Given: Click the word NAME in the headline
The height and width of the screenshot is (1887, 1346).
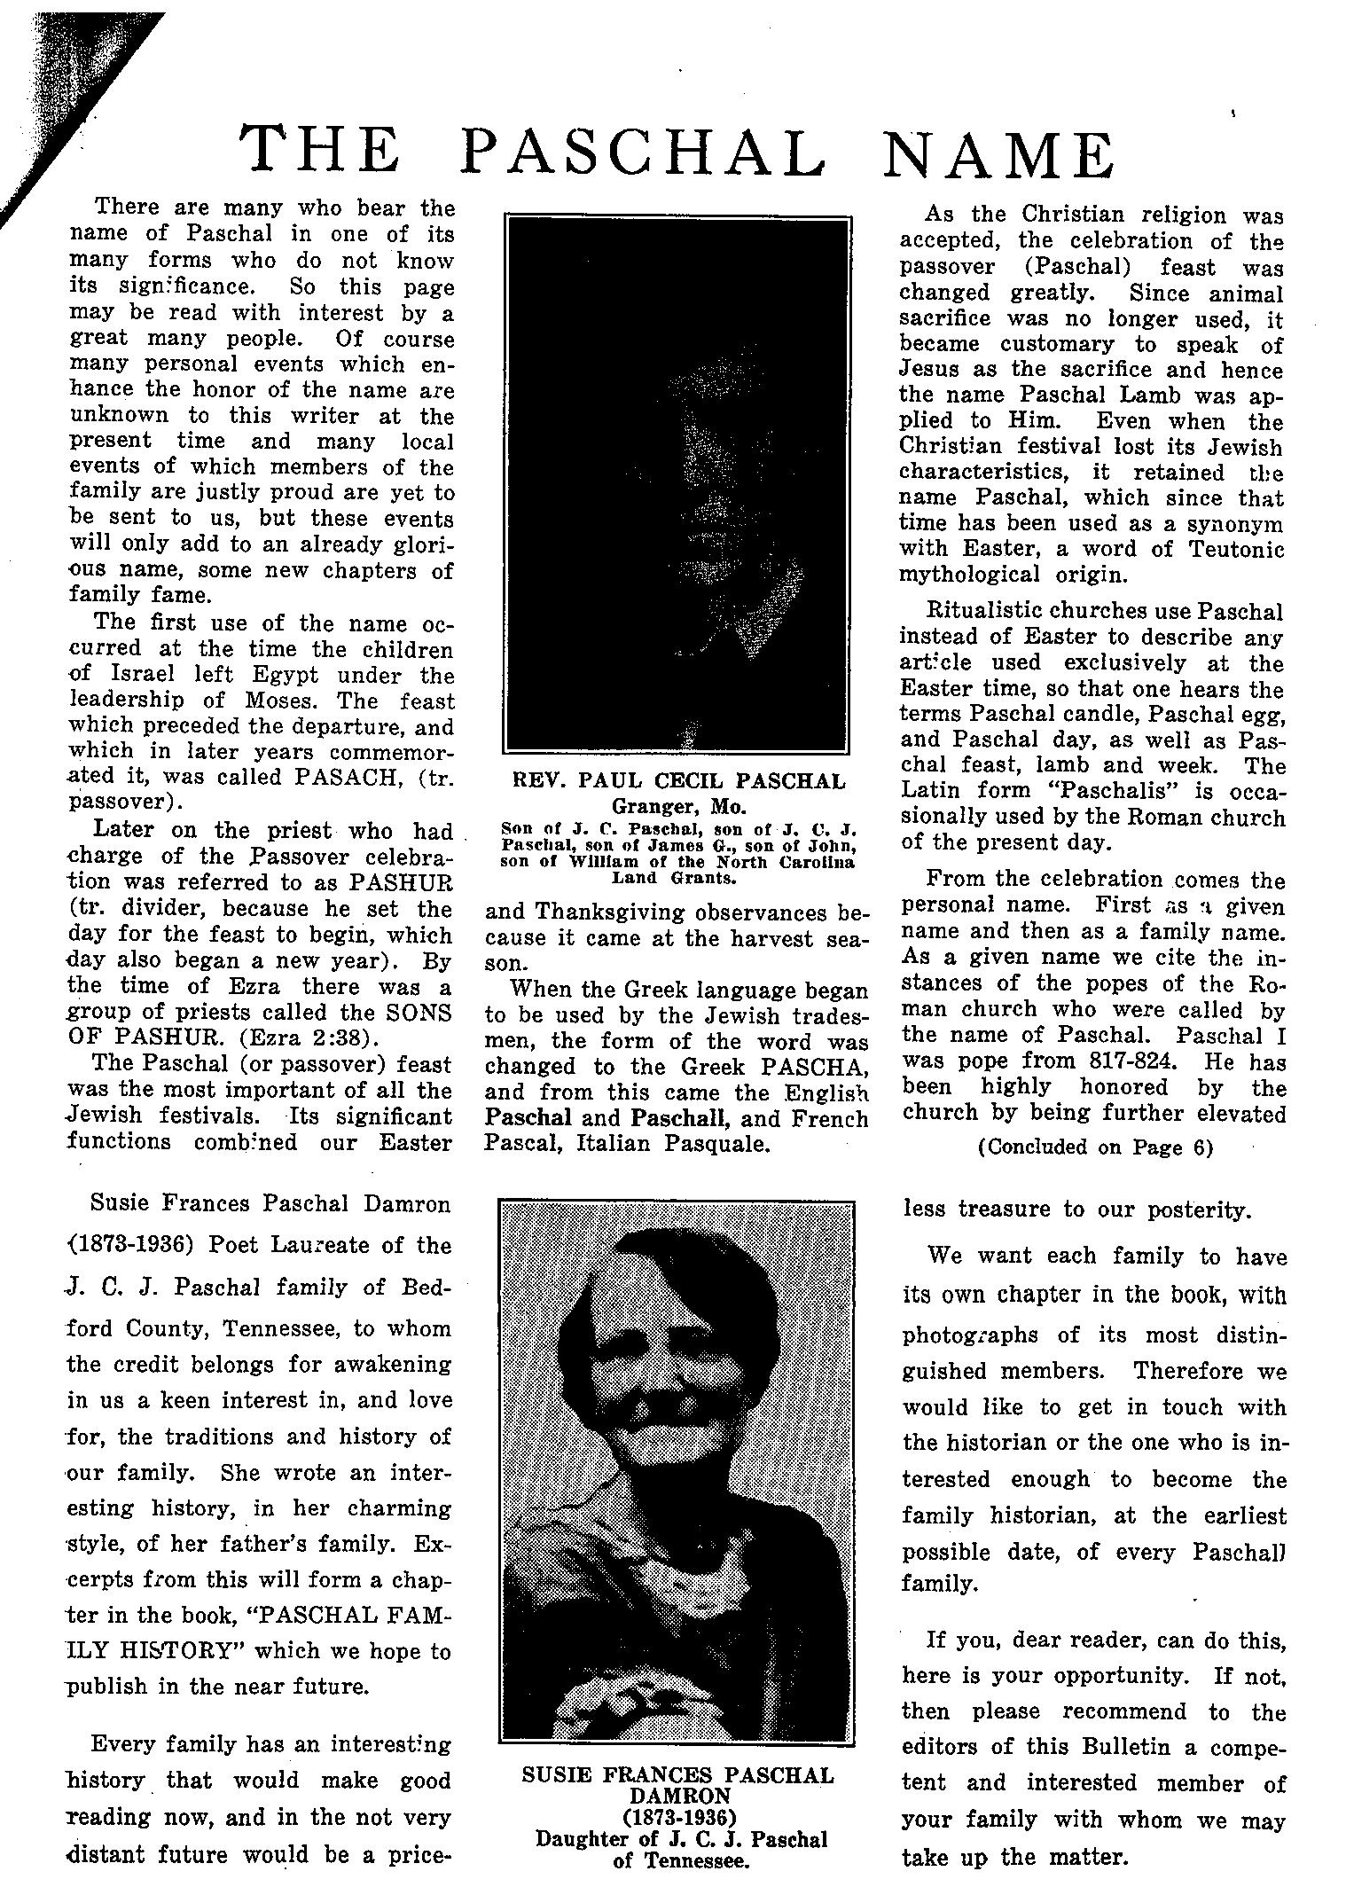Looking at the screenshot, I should tap(999, 153).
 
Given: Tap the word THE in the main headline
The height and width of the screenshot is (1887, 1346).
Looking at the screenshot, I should tap(321, 153).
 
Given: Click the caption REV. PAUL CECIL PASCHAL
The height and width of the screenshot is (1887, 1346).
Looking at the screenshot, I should tap(678, 781).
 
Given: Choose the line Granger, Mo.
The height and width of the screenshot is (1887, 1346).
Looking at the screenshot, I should tap(678, 807).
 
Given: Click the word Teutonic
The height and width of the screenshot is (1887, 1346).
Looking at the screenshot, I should tap(1230, 549).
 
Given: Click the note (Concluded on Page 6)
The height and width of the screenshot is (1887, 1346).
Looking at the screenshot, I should tap(1094, 1147).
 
